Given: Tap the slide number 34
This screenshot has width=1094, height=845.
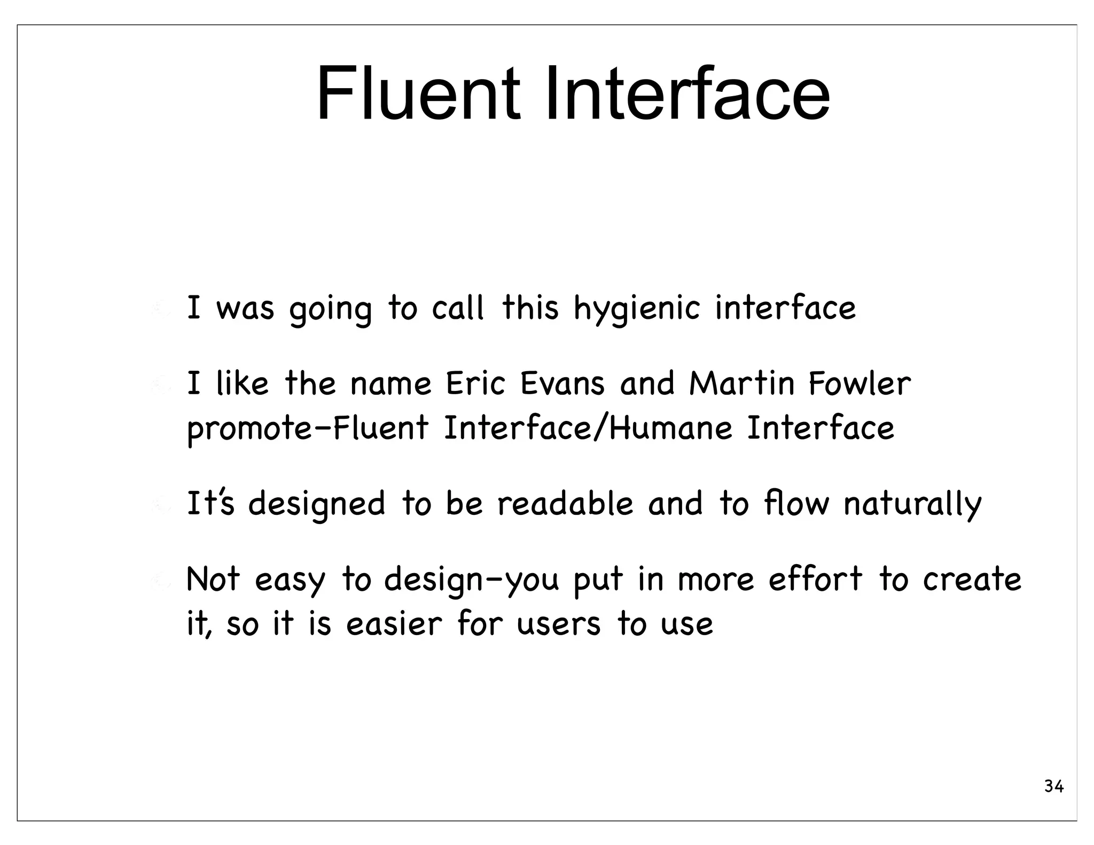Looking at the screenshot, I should (1053, 787).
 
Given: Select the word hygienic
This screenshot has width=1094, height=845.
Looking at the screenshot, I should (636, 309).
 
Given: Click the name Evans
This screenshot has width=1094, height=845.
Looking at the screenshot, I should (562, 384).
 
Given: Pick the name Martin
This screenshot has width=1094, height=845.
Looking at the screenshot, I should (741, 384).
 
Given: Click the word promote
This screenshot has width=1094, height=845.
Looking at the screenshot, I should (249, 429).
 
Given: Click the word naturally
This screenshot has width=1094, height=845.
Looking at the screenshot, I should (912, 505).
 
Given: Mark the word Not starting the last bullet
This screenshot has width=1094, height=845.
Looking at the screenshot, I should (213, 579).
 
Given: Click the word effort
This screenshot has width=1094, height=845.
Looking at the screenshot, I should (815, 579).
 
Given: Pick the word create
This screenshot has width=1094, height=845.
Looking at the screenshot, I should (972, 580).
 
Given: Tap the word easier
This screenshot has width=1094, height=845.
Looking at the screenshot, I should (394, 624).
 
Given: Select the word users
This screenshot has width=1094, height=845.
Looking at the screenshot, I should (558, 624).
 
